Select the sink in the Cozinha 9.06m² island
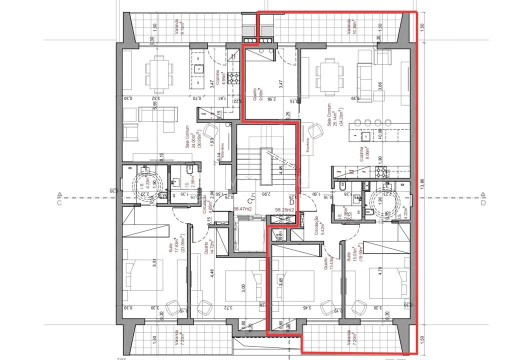[x=364, y=135]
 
